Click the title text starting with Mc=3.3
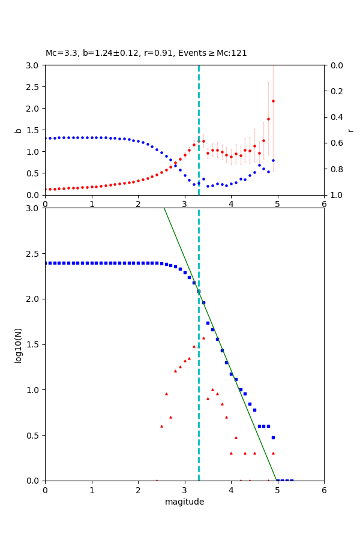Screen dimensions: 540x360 pyautogui.click(x=146, y=53)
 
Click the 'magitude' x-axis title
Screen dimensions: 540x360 pyautogui.click(x=184, y=502)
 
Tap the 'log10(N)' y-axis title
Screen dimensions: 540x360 pyautogui.click(x=18, y=344)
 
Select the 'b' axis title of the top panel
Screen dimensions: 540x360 pyautogui.click(x=18, y=130)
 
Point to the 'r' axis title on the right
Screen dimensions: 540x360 pyautogui.click(x=350, y=130)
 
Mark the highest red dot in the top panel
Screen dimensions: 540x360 pyautogui.click(x=273, y=101)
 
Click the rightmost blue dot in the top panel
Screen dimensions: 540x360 pyautogui.click(x=273, y=160)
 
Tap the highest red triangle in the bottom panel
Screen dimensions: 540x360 pyautogui.click(x=203, y=338)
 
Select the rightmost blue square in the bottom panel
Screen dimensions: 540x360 pyautogui.click(x=292, y=481)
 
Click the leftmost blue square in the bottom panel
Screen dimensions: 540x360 pyautogui.click(x=46, y=263)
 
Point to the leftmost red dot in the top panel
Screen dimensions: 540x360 pyautogui.click(x=46, y=189)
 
